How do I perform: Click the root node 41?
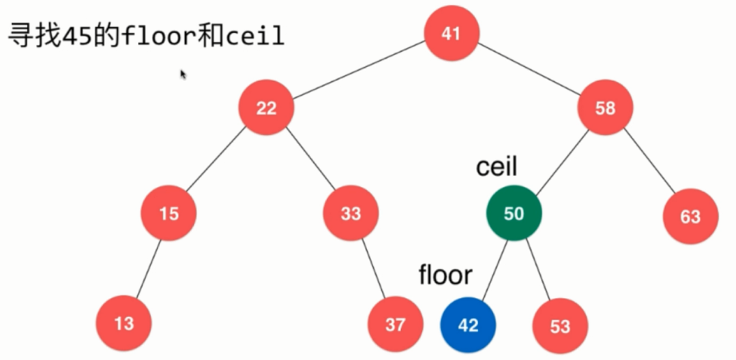click(x=452, y=33)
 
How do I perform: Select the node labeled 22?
click(x=266, y=108)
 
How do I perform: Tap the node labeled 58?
click(x=605, y=108)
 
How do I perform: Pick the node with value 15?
click(x=168, y=213)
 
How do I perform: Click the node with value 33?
click(x=351, y=213)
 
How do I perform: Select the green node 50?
click(x=514, y=213)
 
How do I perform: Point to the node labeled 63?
click(x=690, y=217)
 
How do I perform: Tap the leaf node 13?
click(x=123, y=322)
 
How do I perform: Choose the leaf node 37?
click(x=395, y=325)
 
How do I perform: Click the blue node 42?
click(x=468, y=325)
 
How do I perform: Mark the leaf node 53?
click(x=559, y=326)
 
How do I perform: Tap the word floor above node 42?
click(x=445, y=275)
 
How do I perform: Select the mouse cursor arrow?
click(x=183, y=74)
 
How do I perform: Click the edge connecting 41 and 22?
click(x=359, y=70)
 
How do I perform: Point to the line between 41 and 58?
click(x=529, y=70)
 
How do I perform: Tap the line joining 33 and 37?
click(x=373, y=269)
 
